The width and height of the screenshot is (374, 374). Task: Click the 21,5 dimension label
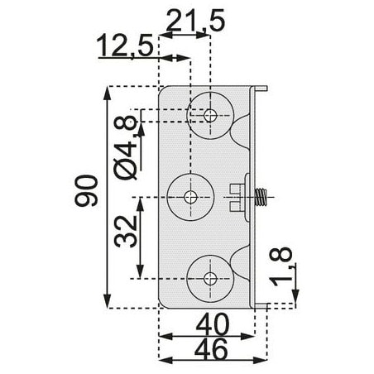[195, 21]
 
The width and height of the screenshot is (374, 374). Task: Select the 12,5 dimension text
[125, 46]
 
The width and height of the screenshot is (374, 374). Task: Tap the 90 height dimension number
[86, 190]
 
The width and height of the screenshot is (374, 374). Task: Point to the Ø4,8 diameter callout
[126, 147]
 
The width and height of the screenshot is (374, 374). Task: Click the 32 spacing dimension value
[126, 231]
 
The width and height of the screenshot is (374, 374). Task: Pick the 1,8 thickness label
[282, 266]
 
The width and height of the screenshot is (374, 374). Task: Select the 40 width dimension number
[213, 324]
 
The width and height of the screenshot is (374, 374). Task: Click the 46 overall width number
[212, 349]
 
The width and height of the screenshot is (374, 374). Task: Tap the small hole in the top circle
[210, 115]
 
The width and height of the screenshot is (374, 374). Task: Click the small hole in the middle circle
[190, 197]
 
